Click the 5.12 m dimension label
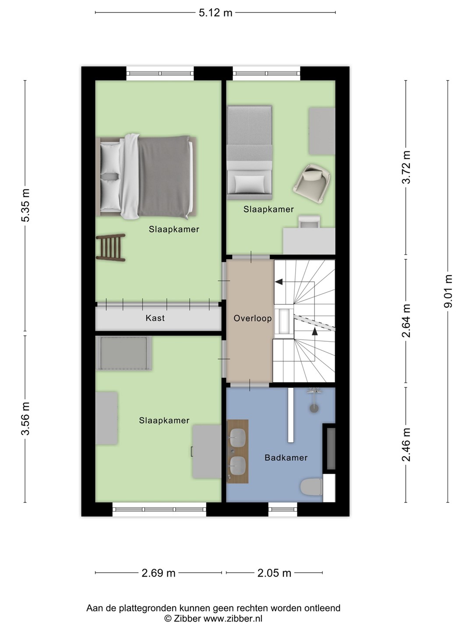(x=215, y=13)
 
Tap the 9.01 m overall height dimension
(x=448, y=291)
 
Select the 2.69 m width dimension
(x=158, y=573)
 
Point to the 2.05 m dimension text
(x=274, y=573)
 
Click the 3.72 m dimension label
(x=406, y=167)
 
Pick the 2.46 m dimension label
(x=406, y=444)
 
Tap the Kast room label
(x=155, y=318)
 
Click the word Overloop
(x=252, y=318)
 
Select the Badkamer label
(x=286, y=458)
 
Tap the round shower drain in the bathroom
(x=314, y=409)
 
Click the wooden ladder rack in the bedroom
(x=110, y=248)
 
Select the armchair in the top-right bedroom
(x=311, y=184)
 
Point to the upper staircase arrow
(x=279, y=282)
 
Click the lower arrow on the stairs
(x=315, y=331)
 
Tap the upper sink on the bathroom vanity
(x=237, y=438)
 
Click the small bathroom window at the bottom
(x=283, y=509)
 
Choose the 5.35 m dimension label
(x=25, y=205)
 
